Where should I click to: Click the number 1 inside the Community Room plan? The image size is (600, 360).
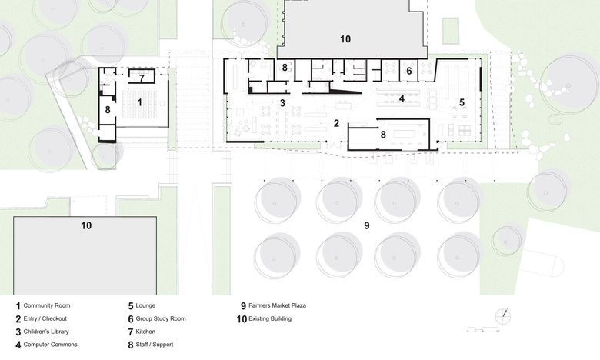[x=140, y=101]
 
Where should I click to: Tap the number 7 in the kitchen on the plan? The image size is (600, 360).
[x=142, y=77]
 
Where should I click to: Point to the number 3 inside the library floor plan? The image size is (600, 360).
[x=282, y=102]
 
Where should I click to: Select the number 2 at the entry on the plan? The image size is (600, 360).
[x=336, y=123]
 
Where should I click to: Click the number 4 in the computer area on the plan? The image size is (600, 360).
[x=402, y=98]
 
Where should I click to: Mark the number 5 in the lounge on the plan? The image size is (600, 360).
[x=409, y=71]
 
